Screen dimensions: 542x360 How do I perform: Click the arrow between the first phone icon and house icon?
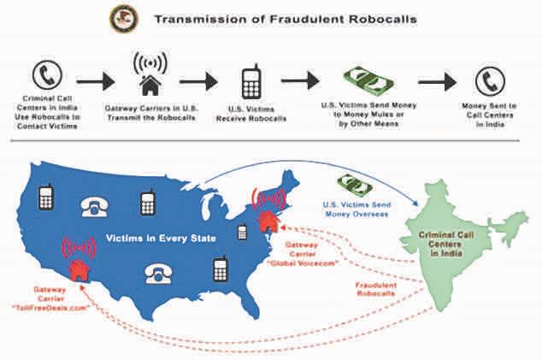coord(94,82)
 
